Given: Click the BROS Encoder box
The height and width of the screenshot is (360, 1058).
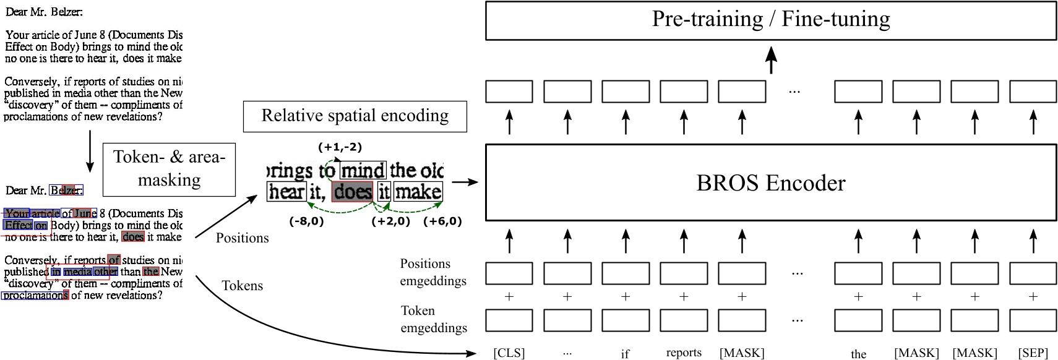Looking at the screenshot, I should (770, 182).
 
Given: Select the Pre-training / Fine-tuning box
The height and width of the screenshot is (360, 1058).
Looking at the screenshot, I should (770, 20).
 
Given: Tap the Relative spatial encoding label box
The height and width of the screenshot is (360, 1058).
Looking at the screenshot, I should (355, 116).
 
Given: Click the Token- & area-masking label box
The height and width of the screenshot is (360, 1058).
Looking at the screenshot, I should (169, 168).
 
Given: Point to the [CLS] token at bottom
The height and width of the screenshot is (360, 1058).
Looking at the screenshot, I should (509, 353).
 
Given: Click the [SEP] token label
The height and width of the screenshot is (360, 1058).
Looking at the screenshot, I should (1033, 353).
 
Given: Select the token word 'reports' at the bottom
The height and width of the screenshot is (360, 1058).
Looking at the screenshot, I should (684, 353).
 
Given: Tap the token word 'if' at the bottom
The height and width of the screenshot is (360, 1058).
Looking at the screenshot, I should (625, 354).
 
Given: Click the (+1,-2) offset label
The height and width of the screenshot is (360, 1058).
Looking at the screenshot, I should (340, 147).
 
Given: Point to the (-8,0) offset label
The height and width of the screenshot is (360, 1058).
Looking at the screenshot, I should (306, 221).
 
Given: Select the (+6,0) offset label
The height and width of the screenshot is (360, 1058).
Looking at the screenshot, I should (442, 221).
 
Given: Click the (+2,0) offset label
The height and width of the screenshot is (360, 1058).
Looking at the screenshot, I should (390, 221).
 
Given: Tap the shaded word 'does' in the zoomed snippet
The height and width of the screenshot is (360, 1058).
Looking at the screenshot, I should (353, 192).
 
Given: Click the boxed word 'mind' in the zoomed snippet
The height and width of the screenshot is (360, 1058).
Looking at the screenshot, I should (363, 170).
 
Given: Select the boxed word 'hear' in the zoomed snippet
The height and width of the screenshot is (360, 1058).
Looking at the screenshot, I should (287, 192).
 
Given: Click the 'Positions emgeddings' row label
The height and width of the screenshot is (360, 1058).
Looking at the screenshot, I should (432, 272).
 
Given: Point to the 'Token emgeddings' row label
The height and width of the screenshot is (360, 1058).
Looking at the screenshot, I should (432, 319).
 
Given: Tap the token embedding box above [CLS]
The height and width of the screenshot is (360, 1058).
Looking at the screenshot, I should (509, 320).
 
